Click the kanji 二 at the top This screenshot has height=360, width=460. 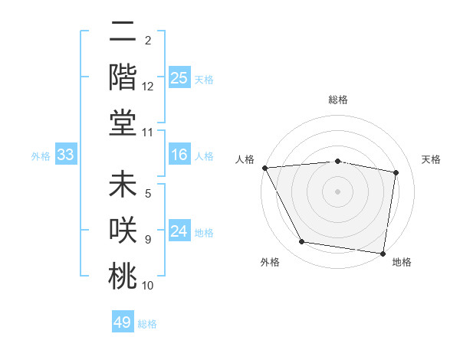click(123, 34)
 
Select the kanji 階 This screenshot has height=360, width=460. click(123, 77)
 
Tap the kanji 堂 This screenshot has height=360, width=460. click(123, 122)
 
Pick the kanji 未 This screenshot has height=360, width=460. click(123, 187)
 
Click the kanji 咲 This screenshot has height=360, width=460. click(123, 231)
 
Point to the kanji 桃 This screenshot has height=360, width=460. click(123, 276)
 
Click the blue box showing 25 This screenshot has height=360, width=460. click(179, 78)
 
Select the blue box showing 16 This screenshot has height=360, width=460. click(179, 155)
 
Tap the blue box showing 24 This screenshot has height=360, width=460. click(179, 232)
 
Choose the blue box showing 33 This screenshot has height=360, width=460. click(66, 155)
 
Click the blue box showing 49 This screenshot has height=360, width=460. click(123, 322)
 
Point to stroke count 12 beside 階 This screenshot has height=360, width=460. click(148, 87)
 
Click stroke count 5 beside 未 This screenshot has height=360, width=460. click(148, 195)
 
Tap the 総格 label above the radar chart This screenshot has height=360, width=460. click(338, 100)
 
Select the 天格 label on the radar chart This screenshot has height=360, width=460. click(431, 159)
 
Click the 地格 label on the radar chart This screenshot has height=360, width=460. click(402, 262)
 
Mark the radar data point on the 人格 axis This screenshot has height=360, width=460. click(264, 168)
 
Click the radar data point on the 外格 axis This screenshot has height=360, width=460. click(302, 242)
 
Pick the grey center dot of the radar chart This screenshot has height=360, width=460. click(338, 191)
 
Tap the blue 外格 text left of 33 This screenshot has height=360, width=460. click(41, 155)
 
